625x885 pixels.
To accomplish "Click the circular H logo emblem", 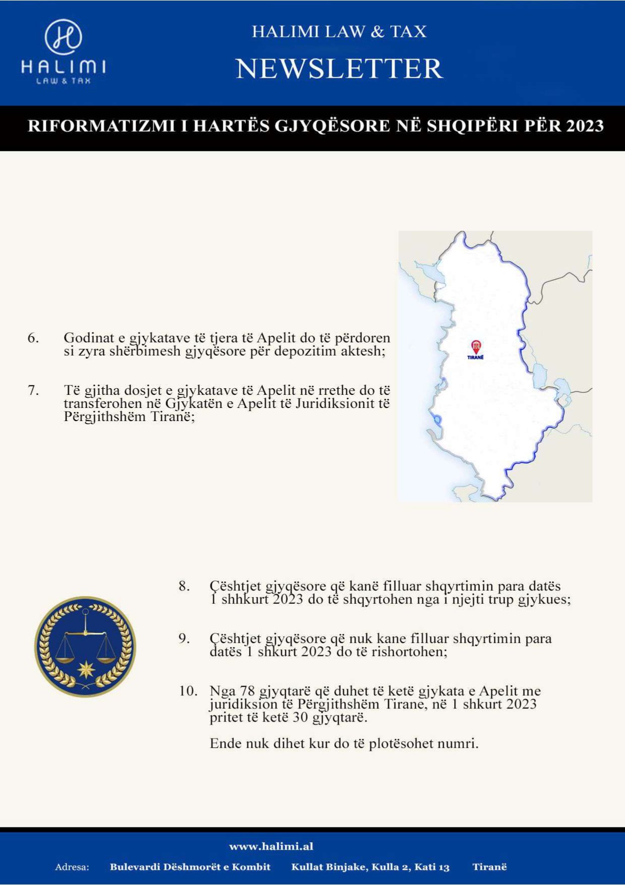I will click(64, 37).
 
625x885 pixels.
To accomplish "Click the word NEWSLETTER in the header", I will click(339, 69).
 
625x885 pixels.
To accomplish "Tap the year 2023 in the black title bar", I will click(585, 126).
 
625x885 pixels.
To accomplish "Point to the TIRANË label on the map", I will click(475, 357).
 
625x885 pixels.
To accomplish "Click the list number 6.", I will click(33, 338).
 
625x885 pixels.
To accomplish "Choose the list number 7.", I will click(33, 390).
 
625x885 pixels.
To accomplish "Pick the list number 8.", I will click(184, 586).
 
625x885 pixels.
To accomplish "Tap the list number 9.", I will click(184, 638).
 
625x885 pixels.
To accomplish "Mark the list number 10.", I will click(188, 691).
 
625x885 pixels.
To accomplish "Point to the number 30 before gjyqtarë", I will click(300, 718).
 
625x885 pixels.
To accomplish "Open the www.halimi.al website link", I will click(271, 846).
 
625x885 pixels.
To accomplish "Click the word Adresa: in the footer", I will click(72, 867).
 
